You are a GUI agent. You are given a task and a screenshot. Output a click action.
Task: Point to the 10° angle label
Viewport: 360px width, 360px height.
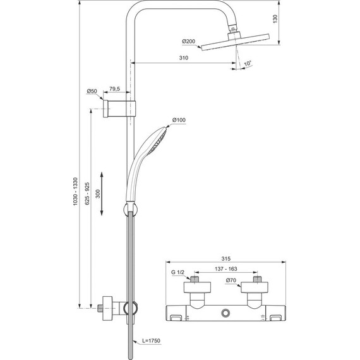[x=247, y=64]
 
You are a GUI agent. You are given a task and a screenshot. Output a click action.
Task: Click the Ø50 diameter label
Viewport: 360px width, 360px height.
[x=92, y=92]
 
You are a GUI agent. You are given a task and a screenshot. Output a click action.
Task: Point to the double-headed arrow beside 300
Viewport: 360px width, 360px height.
[x=104, y=195]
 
